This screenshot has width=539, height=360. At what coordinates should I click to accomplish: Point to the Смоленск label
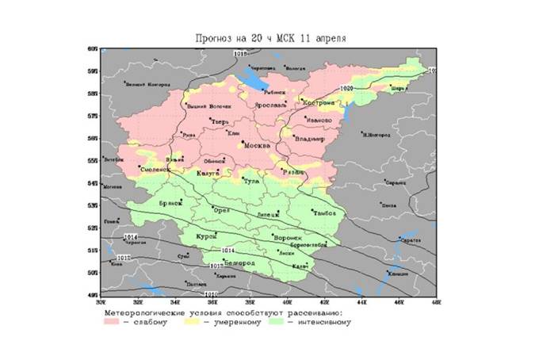[154, 169]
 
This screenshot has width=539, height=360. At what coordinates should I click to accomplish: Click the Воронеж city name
[287, 238]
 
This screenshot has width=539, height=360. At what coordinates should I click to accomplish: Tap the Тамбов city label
[325, 213]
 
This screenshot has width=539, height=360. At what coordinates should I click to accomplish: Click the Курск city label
[207, 237]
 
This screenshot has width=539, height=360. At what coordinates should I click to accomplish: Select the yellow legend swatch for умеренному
[193, 322]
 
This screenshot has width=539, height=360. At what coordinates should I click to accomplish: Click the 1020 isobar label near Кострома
[346, 88]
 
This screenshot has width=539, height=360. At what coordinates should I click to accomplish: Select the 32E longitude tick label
[137, 301]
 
